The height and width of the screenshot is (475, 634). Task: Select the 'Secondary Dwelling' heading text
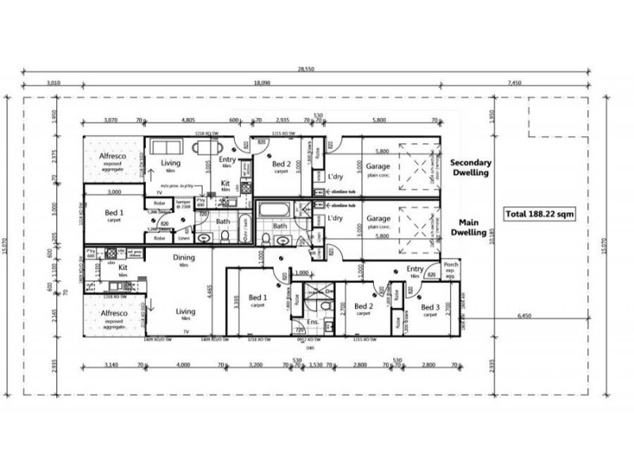(472, 169)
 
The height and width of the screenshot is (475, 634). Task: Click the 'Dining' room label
(185, 257)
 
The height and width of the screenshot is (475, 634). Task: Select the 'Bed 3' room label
(430, 307)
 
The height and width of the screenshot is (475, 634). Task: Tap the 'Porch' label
(452, 265)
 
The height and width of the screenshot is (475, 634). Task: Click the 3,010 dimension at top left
(54, 82)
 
